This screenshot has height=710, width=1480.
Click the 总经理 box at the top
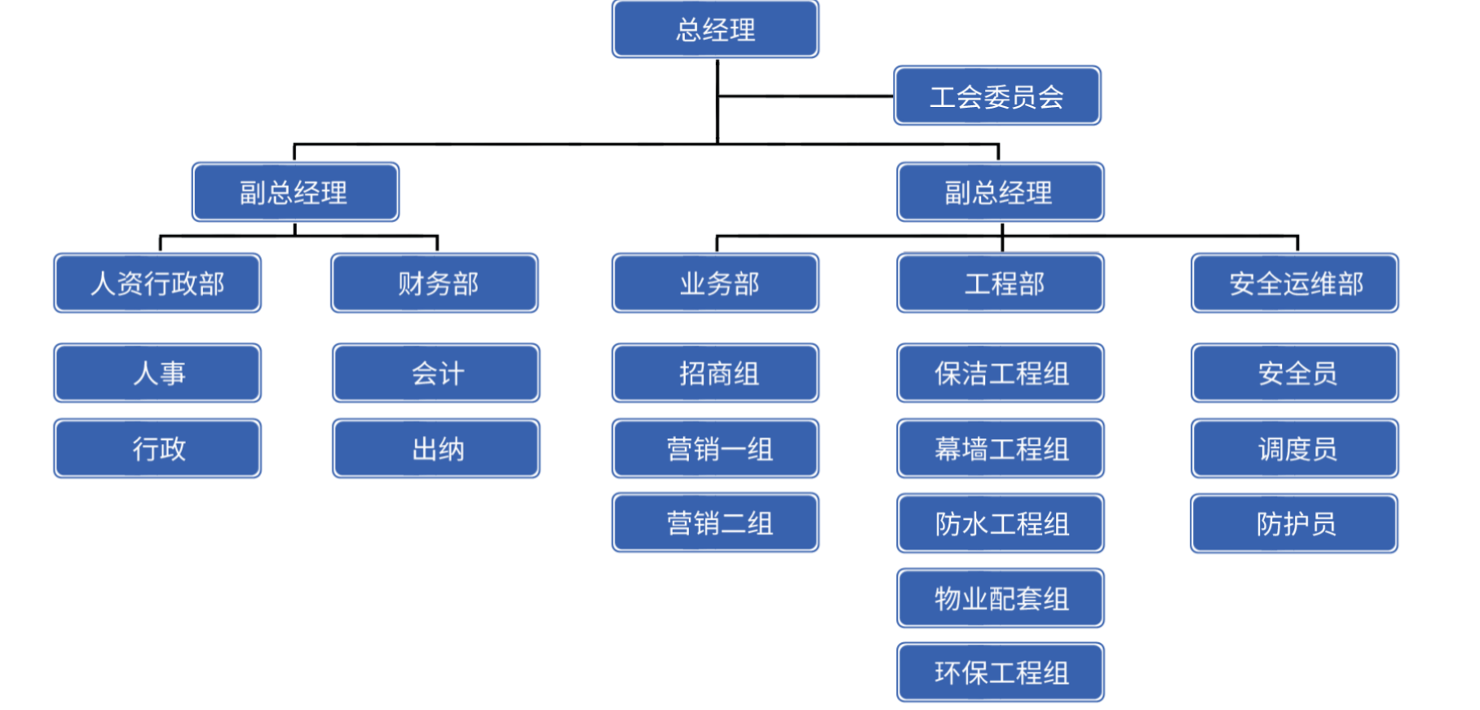pos(715,30)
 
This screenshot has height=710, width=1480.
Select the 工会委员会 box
pos(997,96)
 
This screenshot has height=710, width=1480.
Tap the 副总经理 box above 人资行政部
pos(295,193)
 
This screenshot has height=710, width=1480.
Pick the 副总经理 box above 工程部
pos(1001,193)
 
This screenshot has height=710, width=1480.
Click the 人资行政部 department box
pos(157,283)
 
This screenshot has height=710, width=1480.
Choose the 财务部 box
pos(435,283)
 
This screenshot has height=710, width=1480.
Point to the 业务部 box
pos(715,283)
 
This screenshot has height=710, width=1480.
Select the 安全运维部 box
pos(1295,283)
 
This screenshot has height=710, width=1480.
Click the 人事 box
pos(157,374)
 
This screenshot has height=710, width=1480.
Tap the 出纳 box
pos(436,449)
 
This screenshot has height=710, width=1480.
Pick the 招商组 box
pos(715,374)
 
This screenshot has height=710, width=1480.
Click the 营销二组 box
pos(715,523)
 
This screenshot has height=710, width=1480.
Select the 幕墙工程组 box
pos(1001,449)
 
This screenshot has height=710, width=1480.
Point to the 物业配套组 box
pos(1001,598)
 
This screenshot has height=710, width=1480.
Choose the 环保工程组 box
pos(1001,672)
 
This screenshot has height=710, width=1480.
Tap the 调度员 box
pos(1295,449)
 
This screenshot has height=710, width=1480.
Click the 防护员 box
pos(1295,524)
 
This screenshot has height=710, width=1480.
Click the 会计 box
pos(436,374)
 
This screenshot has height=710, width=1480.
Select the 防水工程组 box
pos(1001,524)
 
